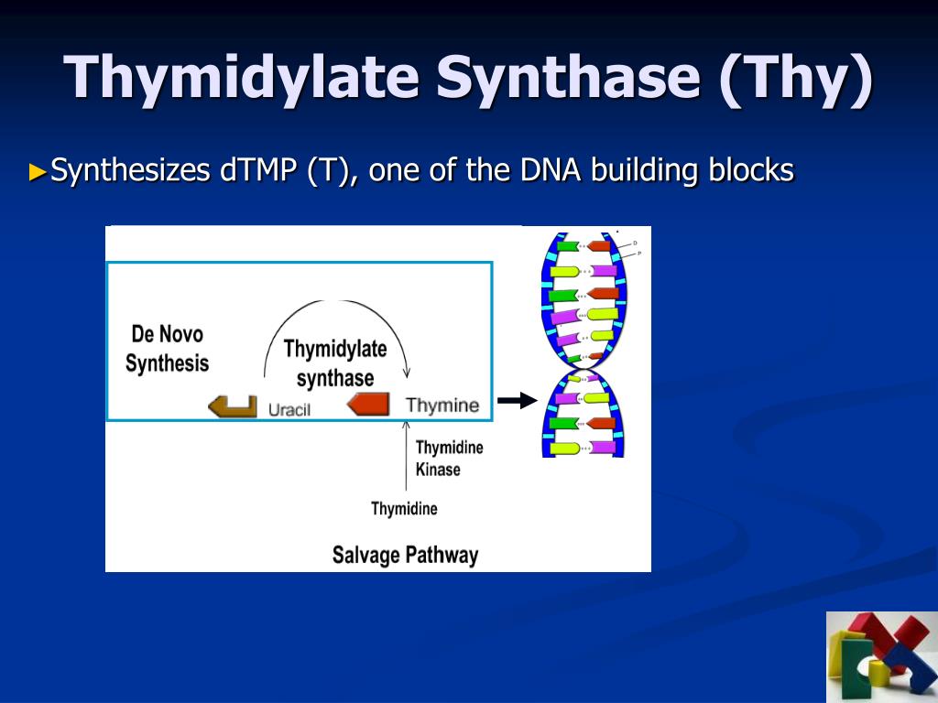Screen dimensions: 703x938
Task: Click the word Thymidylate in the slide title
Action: click(x=242, y=78)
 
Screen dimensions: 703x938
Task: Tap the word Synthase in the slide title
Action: click(x=567, y=78)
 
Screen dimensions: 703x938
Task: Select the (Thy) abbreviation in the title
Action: click(x=795, y=78)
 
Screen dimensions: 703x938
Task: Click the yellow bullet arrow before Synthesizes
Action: click(x=38, y=170)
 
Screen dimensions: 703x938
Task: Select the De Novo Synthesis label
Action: click(x=167, y=349)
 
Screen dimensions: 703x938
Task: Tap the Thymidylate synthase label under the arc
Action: click(x=335, y=363)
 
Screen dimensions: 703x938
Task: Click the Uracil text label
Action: click(x=289, y=409)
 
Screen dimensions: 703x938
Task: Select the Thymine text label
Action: click(x=442, y=406)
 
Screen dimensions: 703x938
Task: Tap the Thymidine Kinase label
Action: click(x=449, y=459)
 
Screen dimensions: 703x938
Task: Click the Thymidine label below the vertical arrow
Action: click(x=404, y=509)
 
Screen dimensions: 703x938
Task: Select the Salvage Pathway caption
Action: click(x=405, y=555)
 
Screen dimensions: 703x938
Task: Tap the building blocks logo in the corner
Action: click(x=881, y=656)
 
